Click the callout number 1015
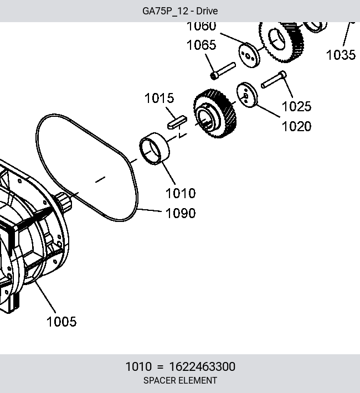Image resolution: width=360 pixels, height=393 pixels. point(160,98)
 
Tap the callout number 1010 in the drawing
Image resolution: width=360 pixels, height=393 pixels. point(181,193)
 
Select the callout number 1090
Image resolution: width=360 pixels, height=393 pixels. point(181,213)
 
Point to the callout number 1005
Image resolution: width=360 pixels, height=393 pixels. point(61,322)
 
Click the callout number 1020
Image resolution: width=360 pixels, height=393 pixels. point(296,126)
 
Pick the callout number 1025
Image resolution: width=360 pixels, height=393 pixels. point(296,106)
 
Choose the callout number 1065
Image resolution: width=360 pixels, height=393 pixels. point(201,45)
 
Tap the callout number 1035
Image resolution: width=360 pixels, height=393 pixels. point(341,55)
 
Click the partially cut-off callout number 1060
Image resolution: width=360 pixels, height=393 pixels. point(201,27)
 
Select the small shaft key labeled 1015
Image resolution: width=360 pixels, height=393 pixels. point(177,122)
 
